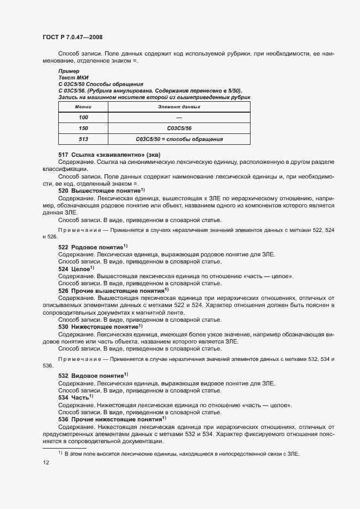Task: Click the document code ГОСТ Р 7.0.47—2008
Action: click(x=72, y=37)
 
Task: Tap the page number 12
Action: click(x=46, y=462)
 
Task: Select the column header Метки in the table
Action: click(x=83, y=107)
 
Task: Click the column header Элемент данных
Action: click(x=179, y=107)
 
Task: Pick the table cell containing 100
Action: click(x=83, y=118)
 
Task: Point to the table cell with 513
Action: click(x=83, y=139)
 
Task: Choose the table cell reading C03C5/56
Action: click(x=179, y=128)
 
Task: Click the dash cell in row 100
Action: click(x=179, y=118)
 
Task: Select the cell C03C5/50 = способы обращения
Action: click(x=179, y=139)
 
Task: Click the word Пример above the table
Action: click(x=69, y=71)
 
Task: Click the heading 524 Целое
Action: click(x=76, y=269)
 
